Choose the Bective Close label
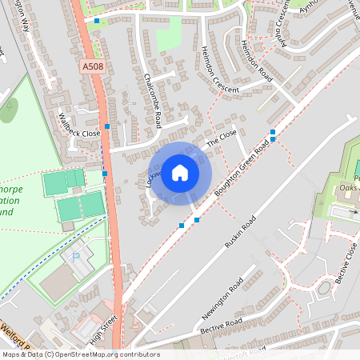tap(348, 261)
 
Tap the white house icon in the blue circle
tap(180, 172)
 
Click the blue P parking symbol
tap(76, 258)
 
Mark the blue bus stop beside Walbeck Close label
tap(107, 127)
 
